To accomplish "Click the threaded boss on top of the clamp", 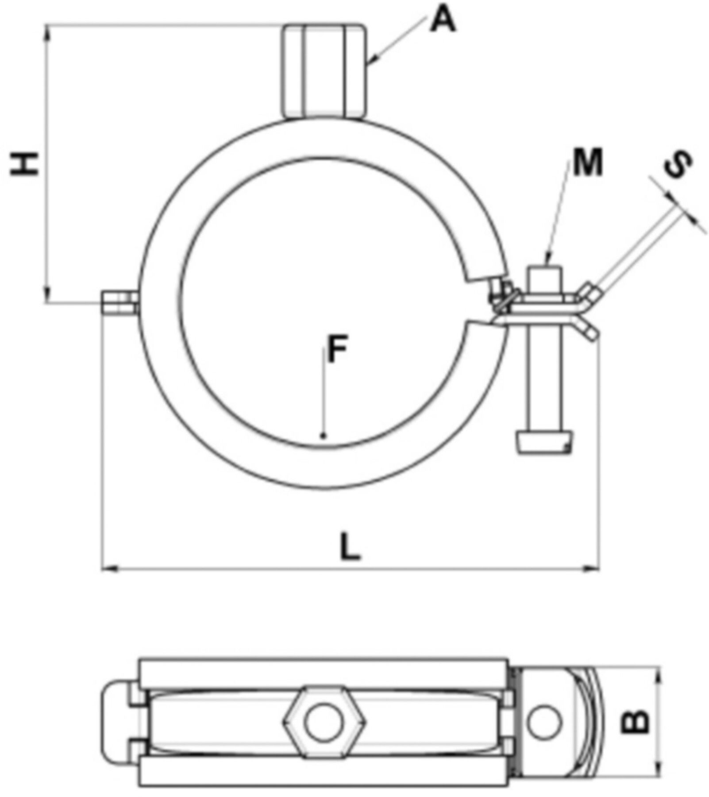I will [x=325, y=71].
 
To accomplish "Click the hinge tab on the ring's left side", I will [x=119, y=302].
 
